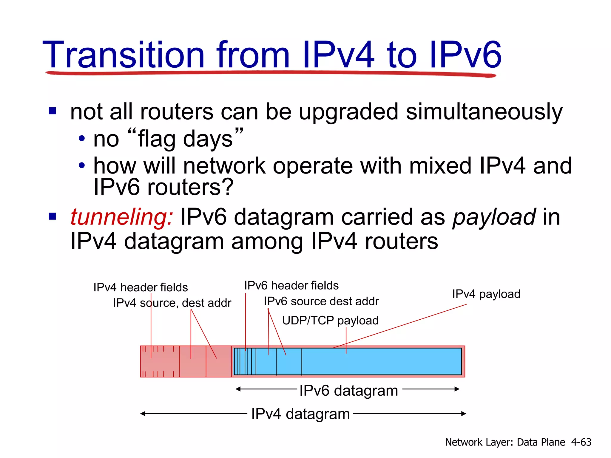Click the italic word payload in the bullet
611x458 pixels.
(494, 217)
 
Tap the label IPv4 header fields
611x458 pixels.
(141, 287)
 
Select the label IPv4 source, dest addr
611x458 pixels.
(172, 303)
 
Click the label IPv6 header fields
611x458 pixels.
(291, 286)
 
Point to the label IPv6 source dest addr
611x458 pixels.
(321, 301)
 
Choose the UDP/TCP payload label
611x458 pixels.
(330, 321)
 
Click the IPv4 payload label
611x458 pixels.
(486, 294)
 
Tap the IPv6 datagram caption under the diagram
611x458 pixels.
(348, 390)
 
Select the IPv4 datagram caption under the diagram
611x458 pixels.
(300, 414)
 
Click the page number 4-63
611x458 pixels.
(581, 442)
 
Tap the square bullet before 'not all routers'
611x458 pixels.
(53, 111)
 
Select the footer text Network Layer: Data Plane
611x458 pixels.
(505, 442)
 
